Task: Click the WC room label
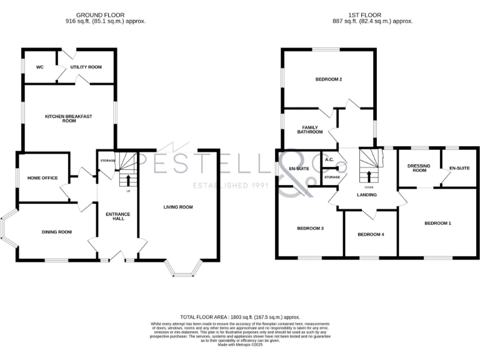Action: [x=39, y=67]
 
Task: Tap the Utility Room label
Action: [x=86, y=67]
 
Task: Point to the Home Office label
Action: [x=42, y=178]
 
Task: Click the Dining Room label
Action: [x=57, y=232]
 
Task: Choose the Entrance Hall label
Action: [x=116, y=216]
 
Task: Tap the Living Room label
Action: [x=178, y=207]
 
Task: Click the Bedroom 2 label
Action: [x=328, y=79]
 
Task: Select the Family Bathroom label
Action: [x=310, y=129]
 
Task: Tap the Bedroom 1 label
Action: [x=437, y=223]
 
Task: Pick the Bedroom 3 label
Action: [x=310, y=228]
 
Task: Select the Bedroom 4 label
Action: [x=371, y=234]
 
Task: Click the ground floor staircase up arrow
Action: [x=129, y=180]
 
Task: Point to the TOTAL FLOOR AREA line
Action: [x=240, y=318]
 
